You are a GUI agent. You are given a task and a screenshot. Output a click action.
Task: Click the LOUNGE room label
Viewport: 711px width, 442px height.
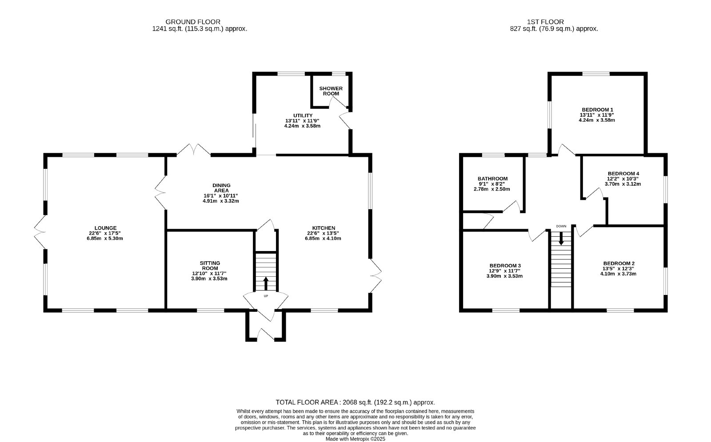click(x=105, y=228)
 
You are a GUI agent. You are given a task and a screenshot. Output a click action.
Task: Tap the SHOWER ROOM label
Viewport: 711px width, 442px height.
click(x=331, y=91)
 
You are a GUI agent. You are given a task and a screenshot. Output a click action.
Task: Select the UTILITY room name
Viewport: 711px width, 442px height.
click(x=303, y=115)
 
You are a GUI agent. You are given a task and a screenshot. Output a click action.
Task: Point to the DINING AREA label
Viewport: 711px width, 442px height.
click(x=221, y=188)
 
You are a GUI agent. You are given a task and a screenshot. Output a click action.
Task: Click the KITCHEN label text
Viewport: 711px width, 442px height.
click(x=324, y=228)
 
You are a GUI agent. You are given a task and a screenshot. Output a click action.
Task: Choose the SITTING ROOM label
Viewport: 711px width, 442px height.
click(x=209, y=266)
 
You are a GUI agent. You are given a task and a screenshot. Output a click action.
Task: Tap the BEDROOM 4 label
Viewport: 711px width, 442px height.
click(x=623, y=174)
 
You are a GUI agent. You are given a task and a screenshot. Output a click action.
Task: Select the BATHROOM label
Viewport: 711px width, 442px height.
click(x=492, y=179)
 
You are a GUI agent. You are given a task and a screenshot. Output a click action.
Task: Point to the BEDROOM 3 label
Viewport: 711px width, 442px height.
click(x=505, y=266)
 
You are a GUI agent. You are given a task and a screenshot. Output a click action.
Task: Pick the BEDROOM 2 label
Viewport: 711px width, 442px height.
click(x=619, y=263)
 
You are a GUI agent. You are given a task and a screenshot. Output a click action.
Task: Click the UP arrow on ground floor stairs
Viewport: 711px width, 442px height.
click(x=266, y=284)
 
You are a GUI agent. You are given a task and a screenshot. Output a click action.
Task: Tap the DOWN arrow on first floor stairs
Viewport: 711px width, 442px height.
click(x=561, y=238)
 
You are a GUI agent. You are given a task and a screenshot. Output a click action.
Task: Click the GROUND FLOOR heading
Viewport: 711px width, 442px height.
click(x=193, y=22)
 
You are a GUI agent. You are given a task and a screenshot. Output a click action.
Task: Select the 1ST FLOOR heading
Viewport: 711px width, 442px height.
click(x=545, y=22)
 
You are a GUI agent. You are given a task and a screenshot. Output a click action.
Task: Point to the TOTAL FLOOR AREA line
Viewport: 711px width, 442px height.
click(x=355, y=402)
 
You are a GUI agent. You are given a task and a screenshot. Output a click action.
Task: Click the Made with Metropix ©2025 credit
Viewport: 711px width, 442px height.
click(x=355, y=439)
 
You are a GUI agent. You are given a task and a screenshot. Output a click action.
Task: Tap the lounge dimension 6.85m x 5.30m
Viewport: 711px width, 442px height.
click(x=105, y=238)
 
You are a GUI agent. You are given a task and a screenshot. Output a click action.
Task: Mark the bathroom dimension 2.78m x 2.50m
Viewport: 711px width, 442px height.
click(x=491, y=189)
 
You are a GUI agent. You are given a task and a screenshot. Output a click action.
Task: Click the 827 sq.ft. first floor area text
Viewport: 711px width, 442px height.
click(x=554, y=28)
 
